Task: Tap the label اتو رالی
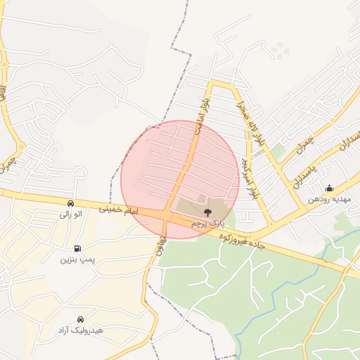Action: coord(70,213)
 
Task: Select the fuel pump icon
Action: coord(77,248)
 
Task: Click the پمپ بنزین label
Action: coord(77,259)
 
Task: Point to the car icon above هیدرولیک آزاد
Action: coord(80,319)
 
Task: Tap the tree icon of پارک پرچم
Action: coord(207,212)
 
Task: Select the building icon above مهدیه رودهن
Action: coord(329,188)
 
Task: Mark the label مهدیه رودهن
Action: coord(329,199)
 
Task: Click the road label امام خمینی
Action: coord(120,210)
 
